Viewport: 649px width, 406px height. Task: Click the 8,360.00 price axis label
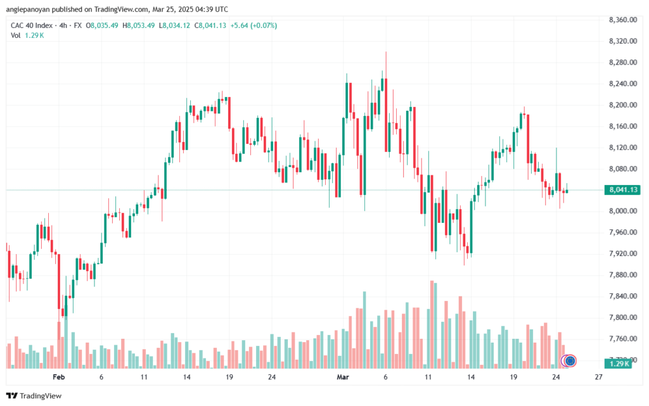coord(622,20)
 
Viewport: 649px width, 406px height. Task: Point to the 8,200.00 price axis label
coord(622,105)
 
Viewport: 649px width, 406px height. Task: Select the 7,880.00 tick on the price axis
coord(622,275)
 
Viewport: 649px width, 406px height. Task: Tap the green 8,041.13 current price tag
coord(622,190)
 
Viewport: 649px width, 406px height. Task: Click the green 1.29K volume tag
coord(618,364)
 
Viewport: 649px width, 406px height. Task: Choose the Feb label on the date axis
coord(59,377)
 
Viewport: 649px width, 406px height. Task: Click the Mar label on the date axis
coord(343,377)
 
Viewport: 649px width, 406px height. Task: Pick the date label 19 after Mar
coord(513,377)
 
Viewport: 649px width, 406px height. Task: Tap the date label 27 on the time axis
coord(598,377)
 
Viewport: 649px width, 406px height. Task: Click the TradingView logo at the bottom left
coord(34,396)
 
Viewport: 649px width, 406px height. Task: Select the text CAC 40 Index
coord(32,25)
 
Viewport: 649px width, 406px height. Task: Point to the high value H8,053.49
coord(139,25)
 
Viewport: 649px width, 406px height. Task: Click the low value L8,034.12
coord(174,25)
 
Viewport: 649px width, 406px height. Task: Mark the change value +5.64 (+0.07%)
coord(254,25)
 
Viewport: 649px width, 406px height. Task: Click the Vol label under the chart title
coord(15,35)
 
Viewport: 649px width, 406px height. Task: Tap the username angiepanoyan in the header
coord(28,10)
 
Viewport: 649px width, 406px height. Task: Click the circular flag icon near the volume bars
coord(570,361)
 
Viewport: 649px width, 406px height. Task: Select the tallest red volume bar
coord(432,324)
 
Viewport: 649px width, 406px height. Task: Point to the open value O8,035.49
coord(102,25)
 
